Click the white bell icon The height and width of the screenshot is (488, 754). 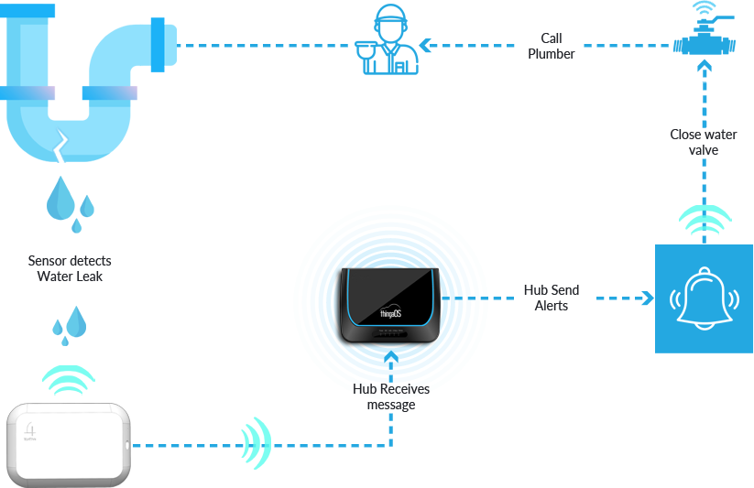click(x=703, y=298)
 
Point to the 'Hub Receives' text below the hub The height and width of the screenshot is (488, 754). click(x=391, y=390)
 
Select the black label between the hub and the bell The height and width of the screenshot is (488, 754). click(x=551, y=298)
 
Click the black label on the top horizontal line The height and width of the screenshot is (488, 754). click(x=552, y=45)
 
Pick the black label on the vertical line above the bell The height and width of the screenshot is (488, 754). click(x=703, y=142)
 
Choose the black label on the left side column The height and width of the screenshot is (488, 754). click(x=70, y=268)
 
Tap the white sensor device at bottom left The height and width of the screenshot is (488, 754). click(x=69, y=445)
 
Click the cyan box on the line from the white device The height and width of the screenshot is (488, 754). click(x=256, y=445)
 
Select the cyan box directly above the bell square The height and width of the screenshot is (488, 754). click(x=705, y=220)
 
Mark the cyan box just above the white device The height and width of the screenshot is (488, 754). click(x=68, y=380)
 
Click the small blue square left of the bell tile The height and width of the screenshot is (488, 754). click(x=647, y=298)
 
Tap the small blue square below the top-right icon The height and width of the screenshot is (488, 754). click(x=704, y=65)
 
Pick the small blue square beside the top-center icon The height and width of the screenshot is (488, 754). click(x=425, y=45)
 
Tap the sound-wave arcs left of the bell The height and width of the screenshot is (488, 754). click(x=678, y=299)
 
